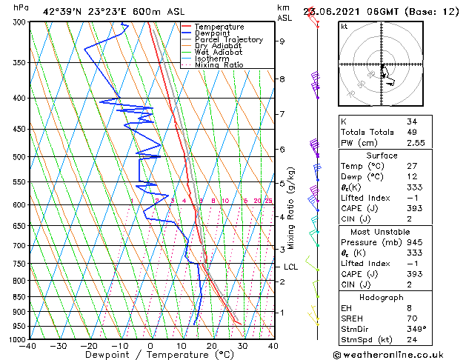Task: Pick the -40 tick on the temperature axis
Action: coord(28,346)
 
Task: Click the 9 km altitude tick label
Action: coord(282,41)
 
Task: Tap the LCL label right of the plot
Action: coord(290,267)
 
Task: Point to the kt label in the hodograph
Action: coord(344,27)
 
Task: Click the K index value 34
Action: coord(412,121)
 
